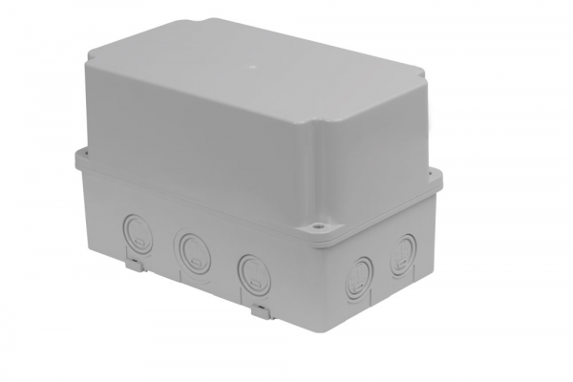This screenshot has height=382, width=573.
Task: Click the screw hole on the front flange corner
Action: click(313, 230)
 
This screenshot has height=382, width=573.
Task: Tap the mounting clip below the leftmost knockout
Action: click(135, 255)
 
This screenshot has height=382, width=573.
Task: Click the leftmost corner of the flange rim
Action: click(75, 155)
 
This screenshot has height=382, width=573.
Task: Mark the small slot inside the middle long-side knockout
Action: click(192, 256)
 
